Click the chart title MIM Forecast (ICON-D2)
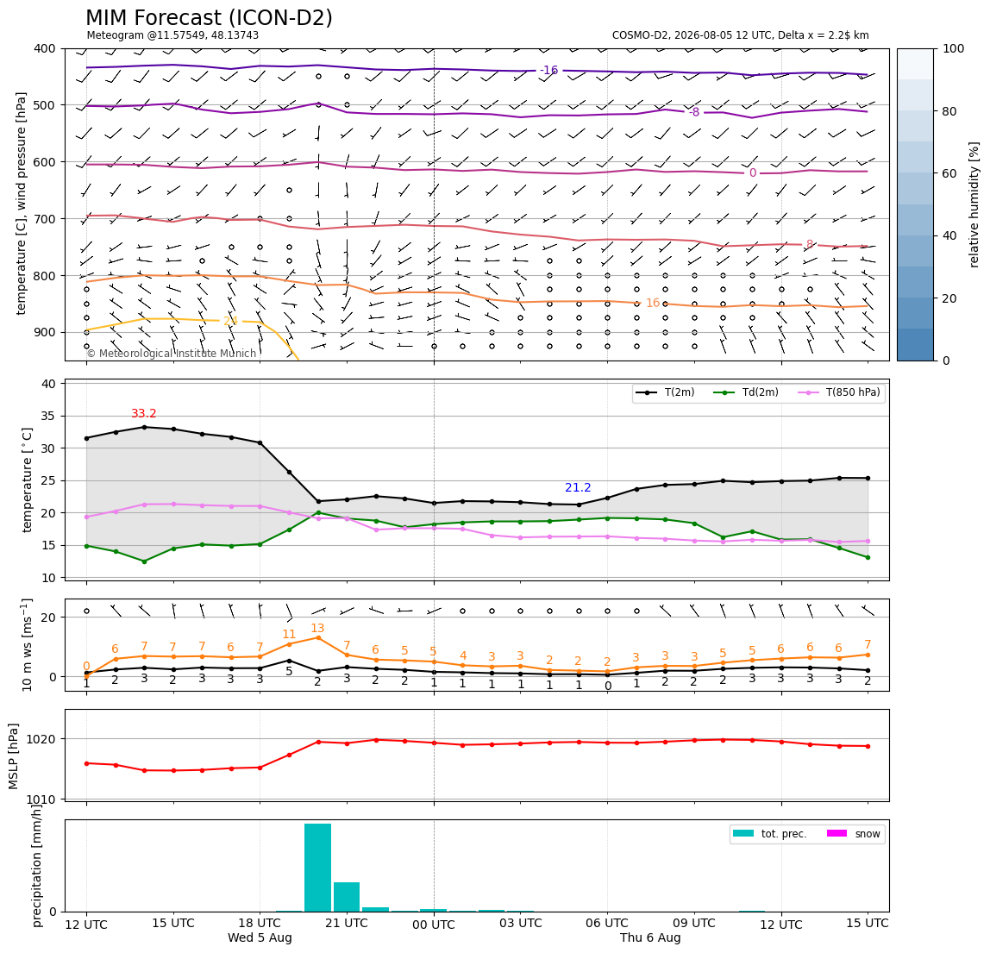(209, 18)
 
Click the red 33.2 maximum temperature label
(144, 414)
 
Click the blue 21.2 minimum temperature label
(578, 487)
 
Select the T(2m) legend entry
(665, 392)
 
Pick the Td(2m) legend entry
(746, 392)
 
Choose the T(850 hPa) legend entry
(839, 392)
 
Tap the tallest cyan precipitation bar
(317, 867)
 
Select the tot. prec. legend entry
(769, 834)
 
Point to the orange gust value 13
(317, 629)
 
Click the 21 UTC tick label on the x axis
(347, 923)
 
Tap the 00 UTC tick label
(434, 925)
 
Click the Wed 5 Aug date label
(260, 937)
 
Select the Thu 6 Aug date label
(650, 937)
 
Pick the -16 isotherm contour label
(548, 70)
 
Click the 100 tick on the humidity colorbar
(954, 48)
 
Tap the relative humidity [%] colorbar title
(974, 205)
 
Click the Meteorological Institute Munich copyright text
(171, 354)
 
